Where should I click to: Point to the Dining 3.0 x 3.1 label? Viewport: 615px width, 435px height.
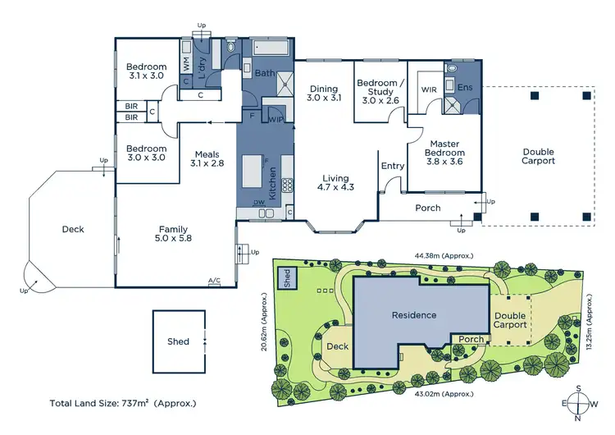point(323,93)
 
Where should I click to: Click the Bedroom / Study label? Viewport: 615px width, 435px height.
point(379,90)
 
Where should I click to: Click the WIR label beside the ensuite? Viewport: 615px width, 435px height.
point(428,89)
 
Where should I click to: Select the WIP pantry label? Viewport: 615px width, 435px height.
point(276,120)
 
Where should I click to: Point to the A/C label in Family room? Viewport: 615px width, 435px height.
point(214,281)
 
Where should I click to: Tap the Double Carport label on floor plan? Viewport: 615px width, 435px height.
point(538,157)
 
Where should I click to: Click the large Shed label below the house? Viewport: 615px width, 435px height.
point(178,341)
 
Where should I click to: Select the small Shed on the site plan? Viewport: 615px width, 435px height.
point(288,277)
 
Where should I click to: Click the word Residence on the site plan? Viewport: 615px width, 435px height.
point(413,315)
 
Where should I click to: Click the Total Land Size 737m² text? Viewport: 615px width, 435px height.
point(123,404)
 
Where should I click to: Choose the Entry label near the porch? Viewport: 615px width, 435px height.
point(393,166)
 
